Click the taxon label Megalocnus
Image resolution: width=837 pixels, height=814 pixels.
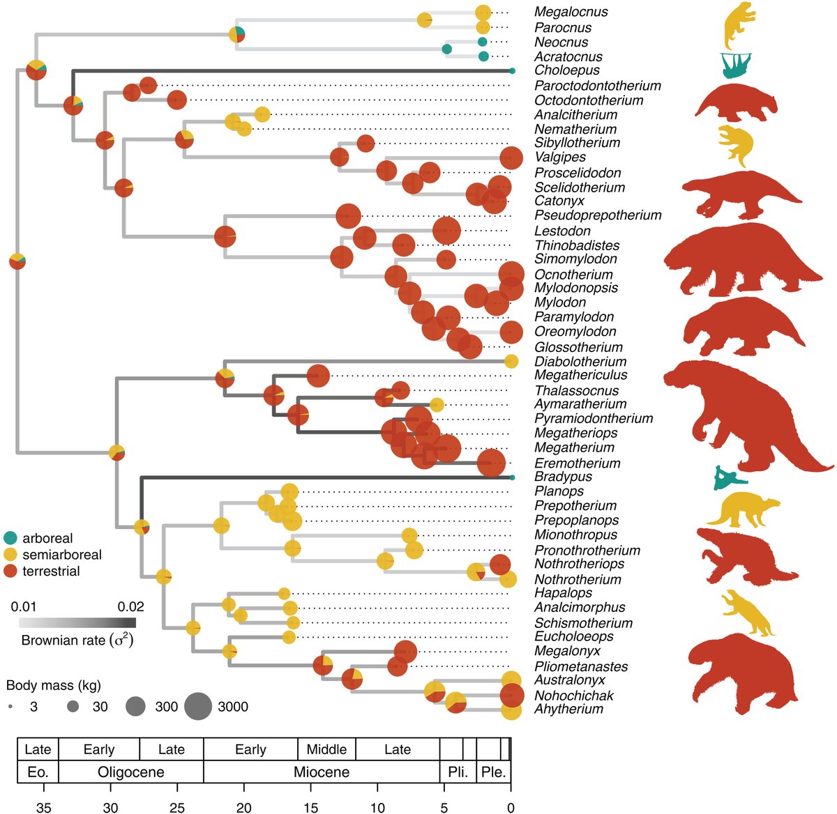(571, 12)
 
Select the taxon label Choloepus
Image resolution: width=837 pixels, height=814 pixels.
(566, 70)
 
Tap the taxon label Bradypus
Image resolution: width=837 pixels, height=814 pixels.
(563, 477)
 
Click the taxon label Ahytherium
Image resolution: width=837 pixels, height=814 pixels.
(568, 709)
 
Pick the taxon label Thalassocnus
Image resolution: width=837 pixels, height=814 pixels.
(566, 391)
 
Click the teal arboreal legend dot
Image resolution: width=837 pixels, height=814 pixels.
(10, 538)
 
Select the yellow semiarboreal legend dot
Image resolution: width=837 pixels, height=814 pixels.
(10, 555)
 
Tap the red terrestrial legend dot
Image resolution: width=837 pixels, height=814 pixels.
(10, 571)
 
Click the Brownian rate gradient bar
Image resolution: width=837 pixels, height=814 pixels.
(77, 622)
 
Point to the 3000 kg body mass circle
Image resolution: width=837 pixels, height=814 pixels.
(199, 707)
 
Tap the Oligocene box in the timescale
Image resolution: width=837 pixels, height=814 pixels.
(131, 772)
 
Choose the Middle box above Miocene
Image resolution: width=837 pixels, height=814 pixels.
(326, 750)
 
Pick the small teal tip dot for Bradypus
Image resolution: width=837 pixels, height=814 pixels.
(512, 477)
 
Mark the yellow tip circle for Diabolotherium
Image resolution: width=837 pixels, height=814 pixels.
(511, 361)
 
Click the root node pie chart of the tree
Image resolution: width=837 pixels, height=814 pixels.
(17, 261)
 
